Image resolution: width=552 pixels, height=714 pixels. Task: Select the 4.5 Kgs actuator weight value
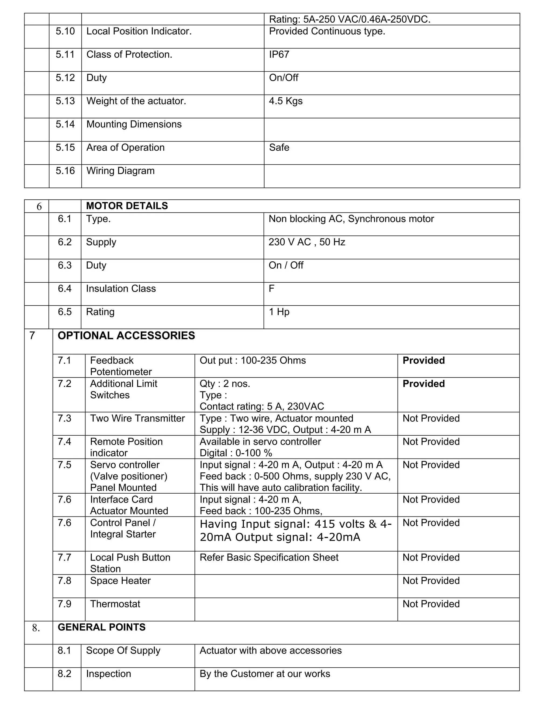(x=285, y=101)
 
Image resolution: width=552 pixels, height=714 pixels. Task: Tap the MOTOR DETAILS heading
(x=127, y=206)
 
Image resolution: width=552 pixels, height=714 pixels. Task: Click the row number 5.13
(x=65, y=101)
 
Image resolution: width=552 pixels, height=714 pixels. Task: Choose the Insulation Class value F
(x=271, y=288)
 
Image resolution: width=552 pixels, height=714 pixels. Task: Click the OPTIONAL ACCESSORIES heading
(x=126, y=335)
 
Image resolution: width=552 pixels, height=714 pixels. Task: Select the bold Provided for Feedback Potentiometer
(x=423, y=360)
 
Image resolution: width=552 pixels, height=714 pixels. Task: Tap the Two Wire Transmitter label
(x=137, y=418)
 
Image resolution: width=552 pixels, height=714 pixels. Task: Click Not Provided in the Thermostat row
(x=431, y=604)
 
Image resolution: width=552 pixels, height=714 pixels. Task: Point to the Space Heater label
(x=120, y=581)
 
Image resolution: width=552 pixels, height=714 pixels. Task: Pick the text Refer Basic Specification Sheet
(x=269, y=557)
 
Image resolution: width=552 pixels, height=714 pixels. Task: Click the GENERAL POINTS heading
(x=101, y=627)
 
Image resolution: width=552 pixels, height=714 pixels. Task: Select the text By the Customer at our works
(x=265, y=674)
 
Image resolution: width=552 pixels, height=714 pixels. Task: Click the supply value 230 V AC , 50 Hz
(x=307, y=242)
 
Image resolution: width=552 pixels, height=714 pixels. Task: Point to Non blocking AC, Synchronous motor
(x=351, y=219)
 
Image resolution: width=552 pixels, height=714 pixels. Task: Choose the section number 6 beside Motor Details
(x=39, y=206)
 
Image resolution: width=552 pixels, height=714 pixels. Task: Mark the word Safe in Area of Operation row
(x=279, y=147)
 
